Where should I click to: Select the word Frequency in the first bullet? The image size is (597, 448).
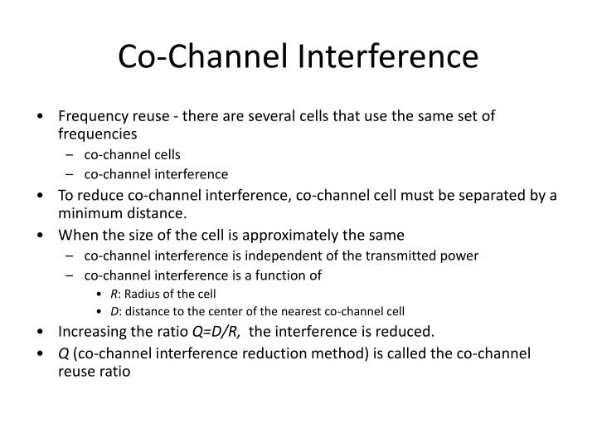tap(92, 116)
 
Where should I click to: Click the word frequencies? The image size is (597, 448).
tap(97, 133)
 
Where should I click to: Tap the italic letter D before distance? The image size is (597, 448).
tap(113, 312)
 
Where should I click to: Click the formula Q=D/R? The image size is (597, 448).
tap(216, 333)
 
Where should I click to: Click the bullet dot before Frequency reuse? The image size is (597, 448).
tap(41, 116)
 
